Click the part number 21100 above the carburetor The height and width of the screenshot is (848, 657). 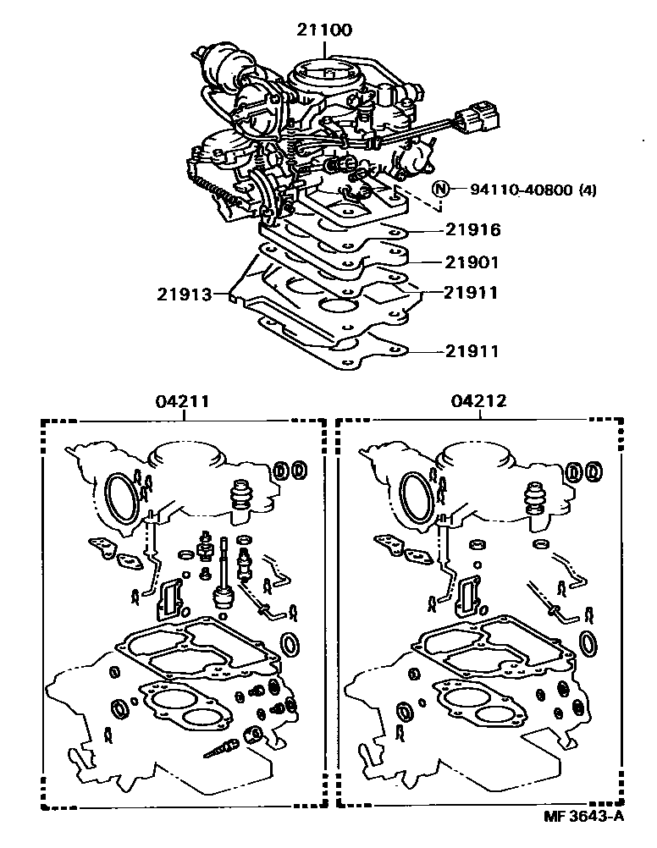pos(324,30)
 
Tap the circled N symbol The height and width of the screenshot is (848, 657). pos(440,189)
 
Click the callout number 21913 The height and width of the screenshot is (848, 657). pos(184,295)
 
